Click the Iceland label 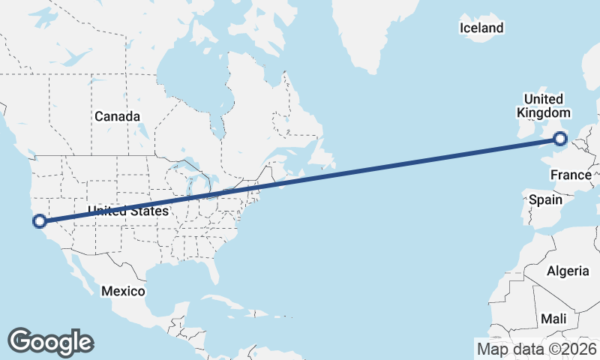pos(481,28)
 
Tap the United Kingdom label pos(543,106)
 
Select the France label pos(571,175)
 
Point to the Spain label pos(545,200)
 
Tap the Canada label pos(117,116)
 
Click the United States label pos(127,211)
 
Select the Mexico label pos(123,290)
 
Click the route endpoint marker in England pos(560,138)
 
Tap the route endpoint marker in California pos(39,220)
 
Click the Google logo pos(50,341)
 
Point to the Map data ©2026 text pos(537,349)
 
